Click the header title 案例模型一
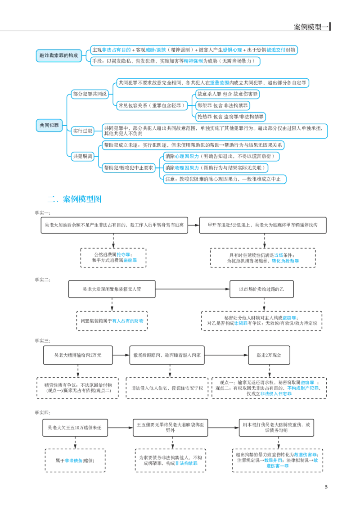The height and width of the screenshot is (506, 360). tap(311, 27)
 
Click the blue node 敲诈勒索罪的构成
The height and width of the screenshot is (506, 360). tap(58, 55)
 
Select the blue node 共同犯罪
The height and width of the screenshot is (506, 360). tap(49, 125)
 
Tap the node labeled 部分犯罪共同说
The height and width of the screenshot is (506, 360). tap(90, 94)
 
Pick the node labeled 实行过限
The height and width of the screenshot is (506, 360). tap(83, 131)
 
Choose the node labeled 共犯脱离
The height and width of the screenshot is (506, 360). tap(83, 157)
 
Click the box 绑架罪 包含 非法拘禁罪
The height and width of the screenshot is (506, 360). tap(223, 105)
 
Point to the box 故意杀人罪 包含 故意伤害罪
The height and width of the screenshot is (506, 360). tap(227, 94)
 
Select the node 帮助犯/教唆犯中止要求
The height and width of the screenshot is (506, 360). tap(128, 168)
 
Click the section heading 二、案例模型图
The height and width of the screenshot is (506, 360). tap(75, 199)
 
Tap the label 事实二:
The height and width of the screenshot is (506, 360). tap(43, 280)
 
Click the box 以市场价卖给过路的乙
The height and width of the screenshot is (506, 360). tap(261, 289)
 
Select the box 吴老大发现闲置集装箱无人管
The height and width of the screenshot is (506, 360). tap(112, 289)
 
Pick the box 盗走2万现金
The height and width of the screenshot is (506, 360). tap(269, 355)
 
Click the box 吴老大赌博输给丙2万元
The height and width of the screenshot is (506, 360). tap(78, 355)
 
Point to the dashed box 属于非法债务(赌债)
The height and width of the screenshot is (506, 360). tap(75, 461)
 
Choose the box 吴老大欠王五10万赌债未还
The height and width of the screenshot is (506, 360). tap(75, 428)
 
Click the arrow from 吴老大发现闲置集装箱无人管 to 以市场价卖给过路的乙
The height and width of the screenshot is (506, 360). tap(193, 289)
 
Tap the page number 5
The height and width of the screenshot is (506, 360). tap(326, 487)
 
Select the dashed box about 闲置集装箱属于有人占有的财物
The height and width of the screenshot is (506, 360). tap(112, 321)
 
